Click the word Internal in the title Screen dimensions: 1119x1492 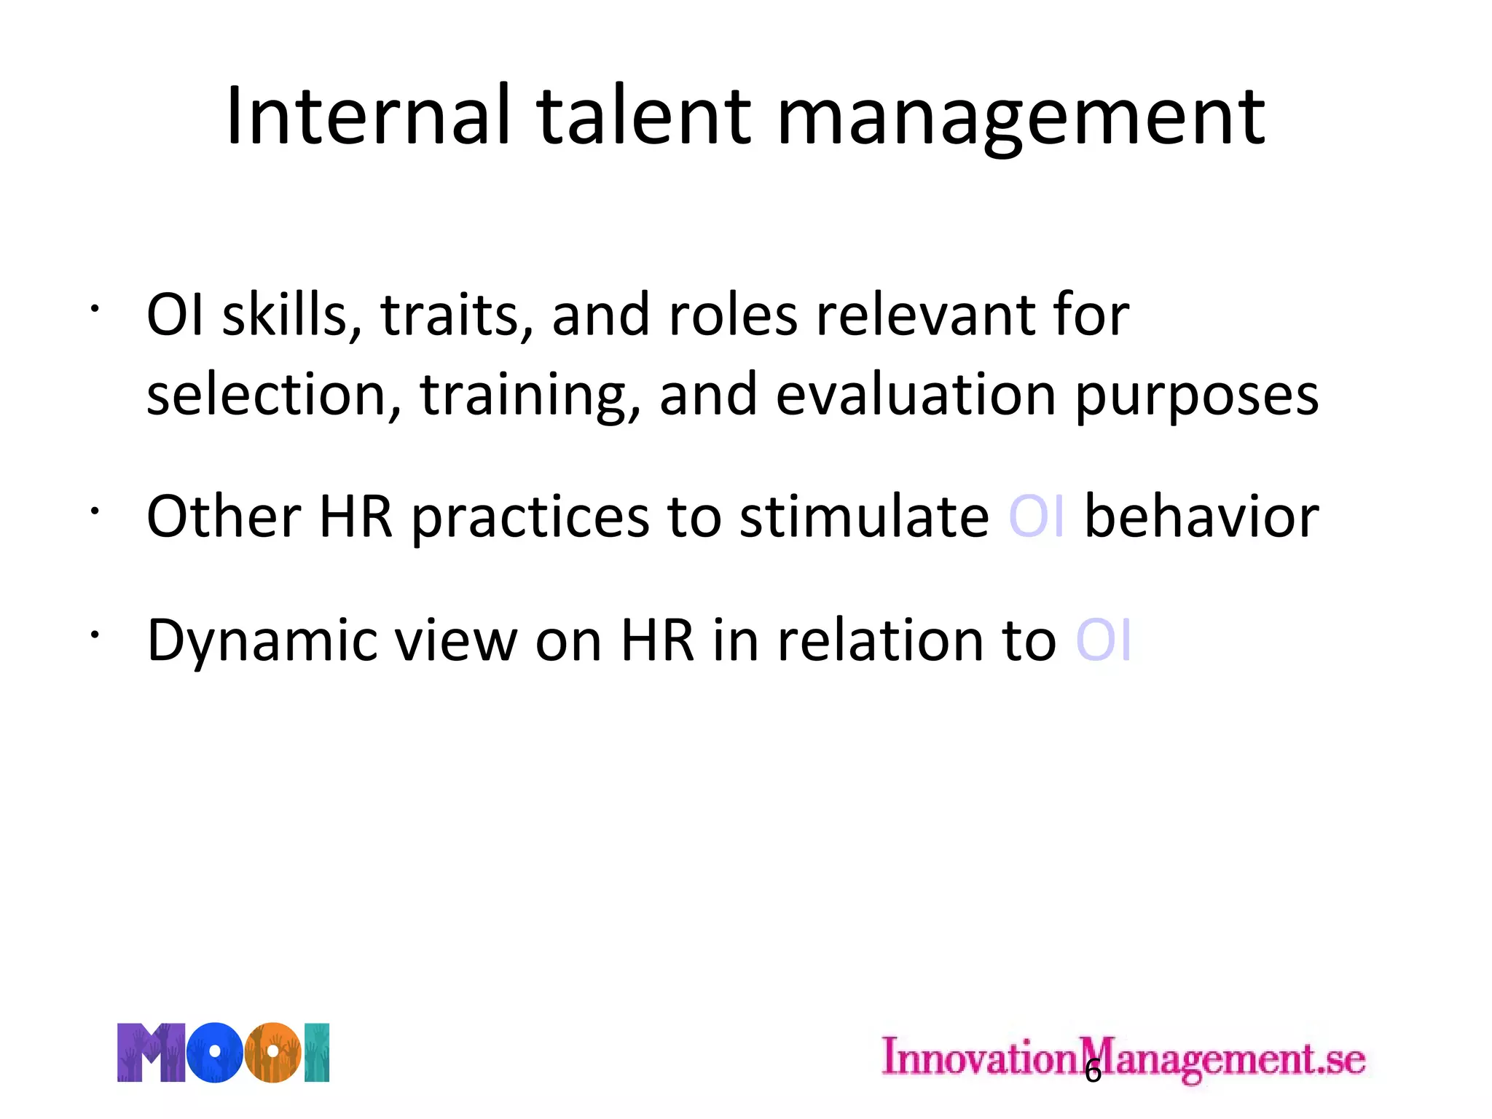point(367,117)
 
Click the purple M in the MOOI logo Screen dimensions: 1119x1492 point(151,1053)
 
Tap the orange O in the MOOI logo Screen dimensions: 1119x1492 point(272,1053)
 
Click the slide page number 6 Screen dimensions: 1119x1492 point(1093,1072)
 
